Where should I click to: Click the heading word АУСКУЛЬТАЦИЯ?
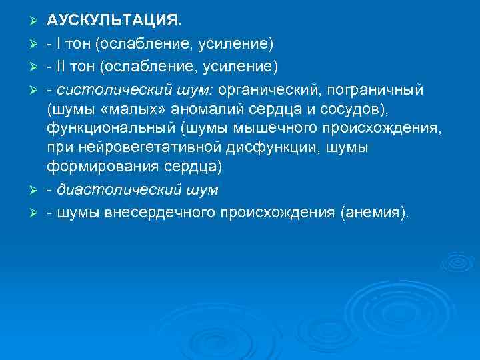coord(113,22)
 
